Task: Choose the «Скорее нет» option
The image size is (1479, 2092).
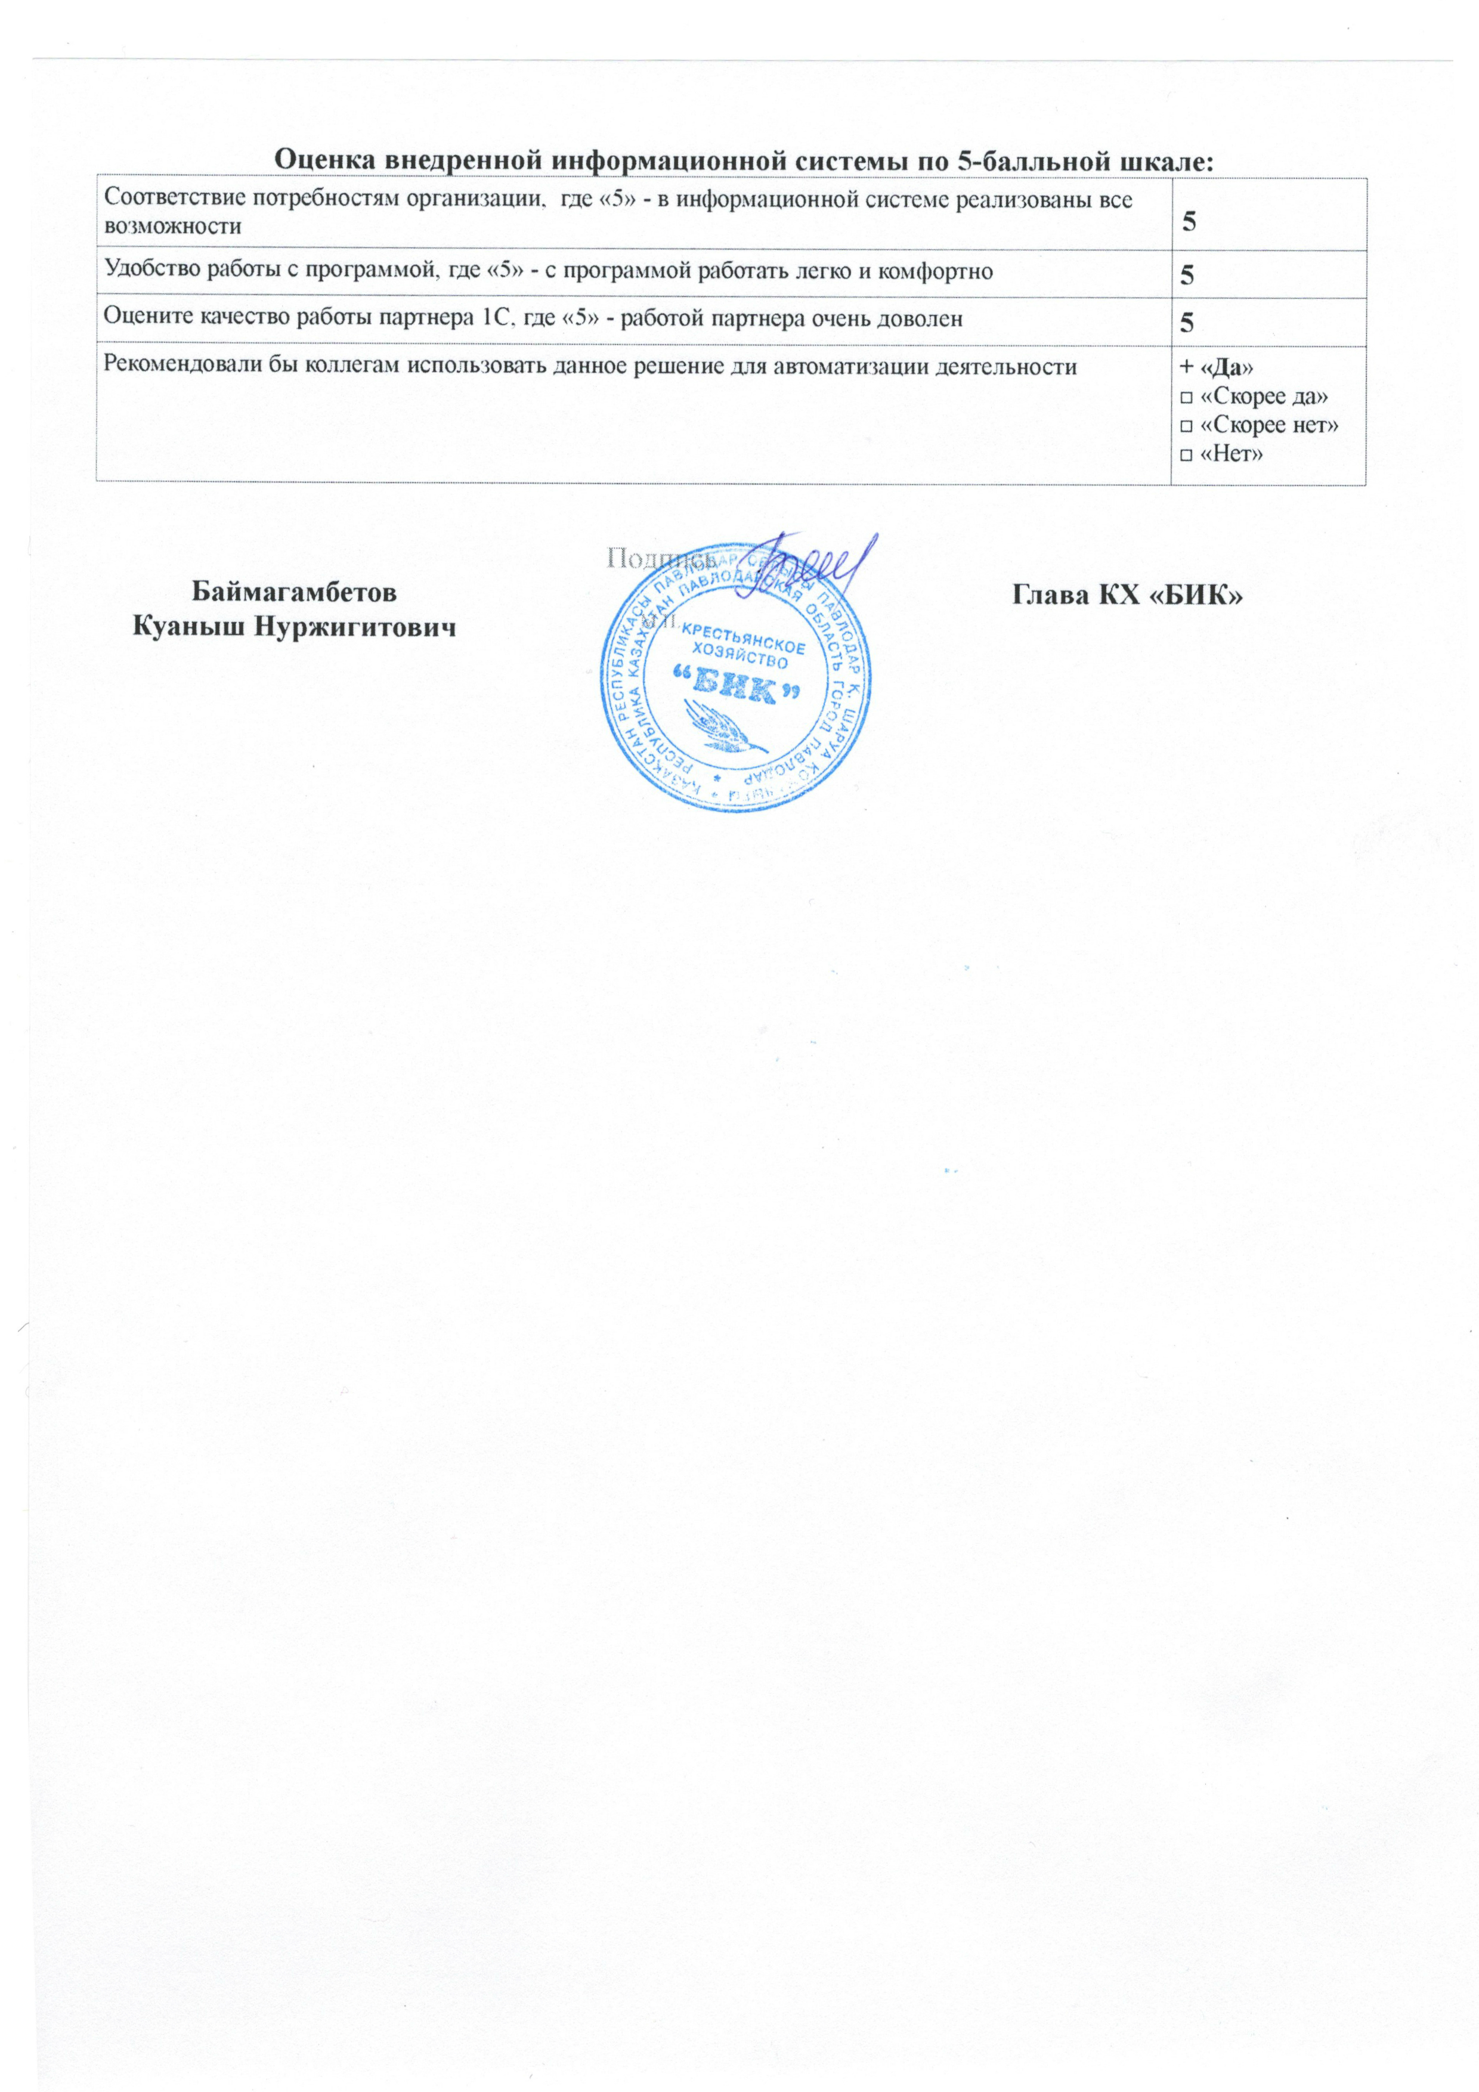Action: (x=1260, y=425)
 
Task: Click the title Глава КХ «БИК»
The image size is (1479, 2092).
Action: (x=1128, y=595)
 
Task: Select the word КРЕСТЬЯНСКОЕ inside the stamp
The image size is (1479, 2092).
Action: (x=744, y=636)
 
